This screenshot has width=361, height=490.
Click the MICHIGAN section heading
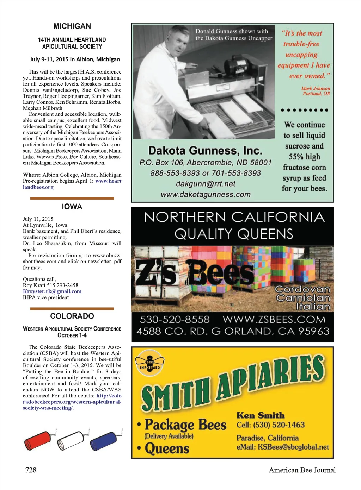[x=72, y=26]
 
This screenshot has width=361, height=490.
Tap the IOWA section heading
[x=72, y=207]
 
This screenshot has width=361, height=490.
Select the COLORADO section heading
[x=72, y=316]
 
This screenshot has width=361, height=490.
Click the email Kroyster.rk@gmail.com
[x=52, y=291]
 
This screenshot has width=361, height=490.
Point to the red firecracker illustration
[x=38, y=440]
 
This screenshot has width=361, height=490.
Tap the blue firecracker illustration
[x=104, y=440]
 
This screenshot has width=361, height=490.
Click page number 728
[x=31, y=470]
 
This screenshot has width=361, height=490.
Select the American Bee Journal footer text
[x=302, y=470]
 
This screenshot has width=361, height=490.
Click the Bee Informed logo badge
[x=150, y=363]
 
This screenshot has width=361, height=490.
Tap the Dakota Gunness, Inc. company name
[x=205, y=151]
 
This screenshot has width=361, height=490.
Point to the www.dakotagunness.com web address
[x=206, y=194]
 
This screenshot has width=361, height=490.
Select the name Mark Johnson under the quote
[x=316, y=88]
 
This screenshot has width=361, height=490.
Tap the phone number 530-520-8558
[x=175, y=319]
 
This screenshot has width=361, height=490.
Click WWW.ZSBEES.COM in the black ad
[x=274, y=319]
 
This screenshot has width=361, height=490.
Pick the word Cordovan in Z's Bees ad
[x=302, y=289]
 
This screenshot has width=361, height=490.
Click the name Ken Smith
[x=261, y=415]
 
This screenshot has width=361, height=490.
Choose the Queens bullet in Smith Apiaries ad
[x=167, y=448]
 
